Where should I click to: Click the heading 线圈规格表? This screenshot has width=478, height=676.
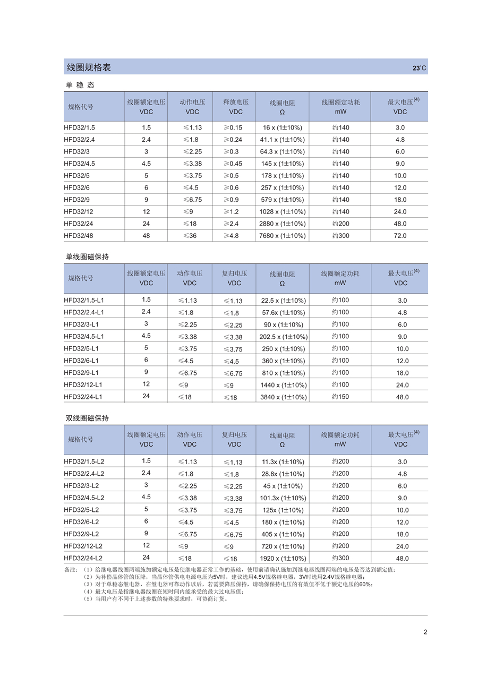[89, 67]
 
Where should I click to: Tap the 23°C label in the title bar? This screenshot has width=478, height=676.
[419, 68]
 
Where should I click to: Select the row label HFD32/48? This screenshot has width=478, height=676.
[79, 236]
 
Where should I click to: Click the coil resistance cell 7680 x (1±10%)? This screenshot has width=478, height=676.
[282, 236]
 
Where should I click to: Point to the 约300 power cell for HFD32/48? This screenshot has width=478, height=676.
[340, 236]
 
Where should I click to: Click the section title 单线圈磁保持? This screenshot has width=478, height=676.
[87, 257]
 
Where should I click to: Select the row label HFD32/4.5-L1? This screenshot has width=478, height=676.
[84, 337]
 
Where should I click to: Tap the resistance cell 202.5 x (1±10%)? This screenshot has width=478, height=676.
[283, 337]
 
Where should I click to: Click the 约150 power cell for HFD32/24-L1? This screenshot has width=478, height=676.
[340, 397]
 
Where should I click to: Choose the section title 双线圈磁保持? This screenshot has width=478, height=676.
[87, 418]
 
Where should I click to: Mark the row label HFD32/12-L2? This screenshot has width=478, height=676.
[83, 546]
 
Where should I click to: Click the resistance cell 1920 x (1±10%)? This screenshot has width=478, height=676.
[283, 558]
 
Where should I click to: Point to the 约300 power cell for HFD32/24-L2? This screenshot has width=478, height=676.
[340, 558]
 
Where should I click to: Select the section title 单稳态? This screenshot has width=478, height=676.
[80, 85]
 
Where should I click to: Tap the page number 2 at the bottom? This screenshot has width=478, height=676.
[425, 632]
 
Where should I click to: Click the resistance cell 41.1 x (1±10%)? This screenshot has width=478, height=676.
[282, 140]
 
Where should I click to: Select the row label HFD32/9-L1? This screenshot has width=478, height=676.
[81, 373]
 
